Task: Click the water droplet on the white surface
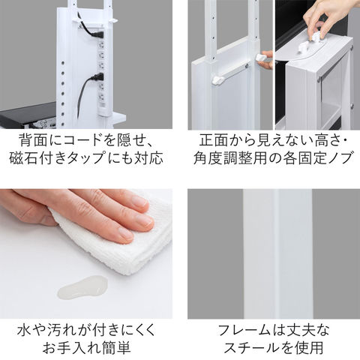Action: click(83, 287)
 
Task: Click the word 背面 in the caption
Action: click(33, 141)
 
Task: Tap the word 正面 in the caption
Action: click(212, 141)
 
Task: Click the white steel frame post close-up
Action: click(277, 253)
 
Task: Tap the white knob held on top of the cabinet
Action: click(316, 36)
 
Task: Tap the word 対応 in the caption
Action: click(149, 158)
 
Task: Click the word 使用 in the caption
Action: click(309, 348)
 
